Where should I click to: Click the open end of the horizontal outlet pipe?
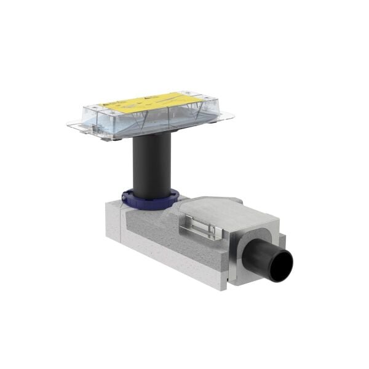(x=284, y=263)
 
